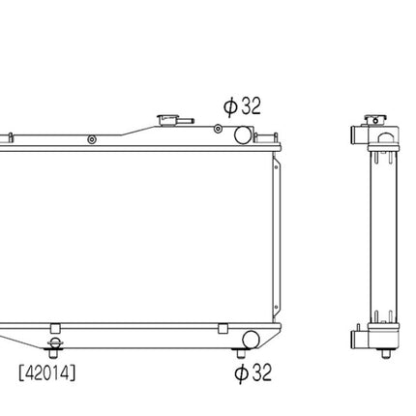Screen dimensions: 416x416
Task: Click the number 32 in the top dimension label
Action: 251,105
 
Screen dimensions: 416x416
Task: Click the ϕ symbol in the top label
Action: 230,106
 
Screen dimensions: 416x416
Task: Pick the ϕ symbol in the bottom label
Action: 241,373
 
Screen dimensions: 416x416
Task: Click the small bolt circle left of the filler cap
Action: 92,139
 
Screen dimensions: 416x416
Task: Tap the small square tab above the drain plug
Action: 56,328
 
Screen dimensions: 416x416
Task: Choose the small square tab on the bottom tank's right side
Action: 230,328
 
